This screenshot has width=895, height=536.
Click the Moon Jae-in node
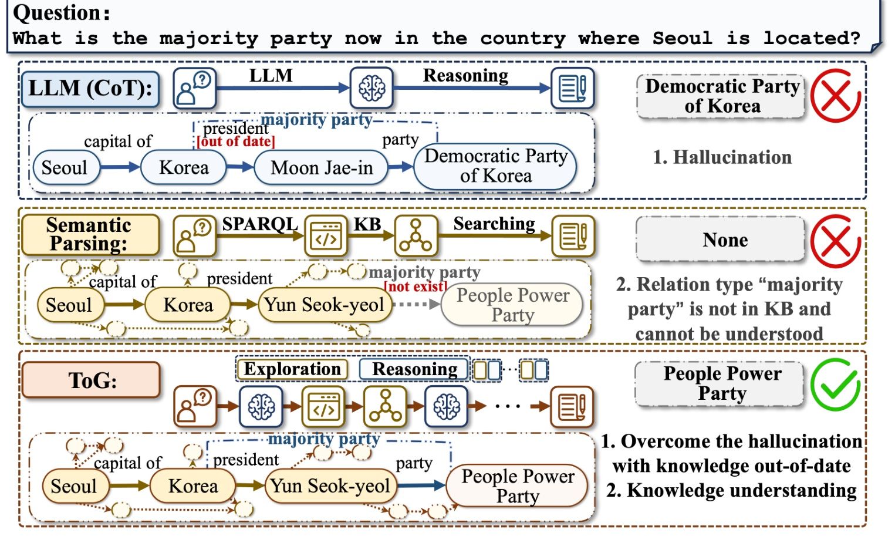[x=322, y=168]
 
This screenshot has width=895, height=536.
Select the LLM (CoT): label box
[x=90, y=89]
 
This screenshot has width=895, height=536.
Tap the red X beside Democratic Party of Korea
[x=835, y=96]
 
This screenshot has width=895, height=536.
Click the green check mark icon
[x=835, y=385]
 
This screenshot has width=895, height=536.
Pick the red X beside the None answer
[x=835, y=241]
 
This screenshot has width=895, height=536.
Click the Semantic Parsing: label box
[x=90, y=234]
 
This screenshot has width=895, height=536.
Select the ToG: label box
[x=92, y=380]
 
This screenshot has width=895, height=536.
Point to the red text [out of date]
[x=235, y=141]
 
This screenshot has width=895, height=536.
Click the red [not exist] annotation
[x=416, y=286]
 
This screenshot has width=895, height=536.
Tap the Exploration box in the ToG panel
[x=292, y=369]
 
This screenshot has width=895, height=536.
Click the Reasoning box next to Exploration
[x=414, y=369]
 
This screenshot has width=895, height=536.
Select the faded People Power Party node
[x=512, y=305]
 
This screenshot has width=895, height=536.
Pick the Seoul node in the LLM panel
[x=65, y=168]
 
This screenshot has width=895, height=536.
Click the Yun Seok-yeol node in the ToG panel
[x=330, y=486]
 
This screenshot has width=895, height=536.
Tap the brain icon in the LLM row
[x=371, y=88]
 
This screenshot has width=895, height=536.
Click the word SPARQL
[x=259, y=224]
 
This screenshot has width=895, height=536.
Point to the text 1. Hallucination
[x=722, y=157]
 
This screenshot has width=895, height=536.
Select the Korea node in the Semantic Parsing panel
[x=188, y=305]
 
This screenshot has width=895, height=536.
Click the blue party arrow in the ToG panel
[x=421, y=486]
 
